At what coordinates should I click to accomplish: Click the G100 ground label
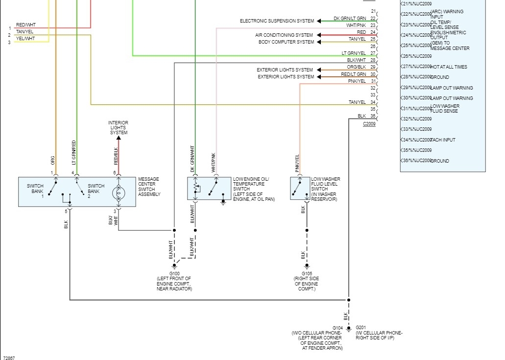coord(174,273)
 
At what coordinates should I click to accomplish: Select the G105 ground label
coord(306,273)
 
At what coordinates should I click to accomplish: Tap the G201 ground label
coord(361,327)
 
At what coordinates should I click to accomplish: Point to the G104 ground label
coord(337,327)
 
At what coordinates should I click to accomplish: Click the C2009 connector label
coord(369,124)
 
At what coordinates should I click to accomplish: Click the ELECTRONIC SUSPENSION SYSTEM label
coord(277,21)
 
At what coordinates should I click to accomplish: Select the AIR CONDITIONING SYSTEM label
coord(284,35)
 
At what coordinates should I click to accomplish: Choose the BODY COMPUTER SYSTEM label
coord(286,42)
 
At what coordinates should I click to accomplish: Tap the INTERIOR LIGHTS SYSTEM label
coord(118,127)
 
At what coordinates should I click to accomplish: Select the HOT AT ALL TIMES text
coord(448,67)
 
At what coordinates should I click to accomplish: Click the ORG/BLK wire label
coord(356,67)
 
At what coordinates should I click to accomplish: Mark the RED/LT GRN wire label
coord(353,74)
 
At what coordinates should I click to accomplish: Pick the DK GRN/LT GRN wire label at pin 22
coord(350,18)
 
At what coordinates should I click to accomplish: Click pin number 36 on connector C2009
coord(373,116)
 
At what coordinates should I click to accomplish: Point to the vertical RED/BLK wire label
coord(116,156)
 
